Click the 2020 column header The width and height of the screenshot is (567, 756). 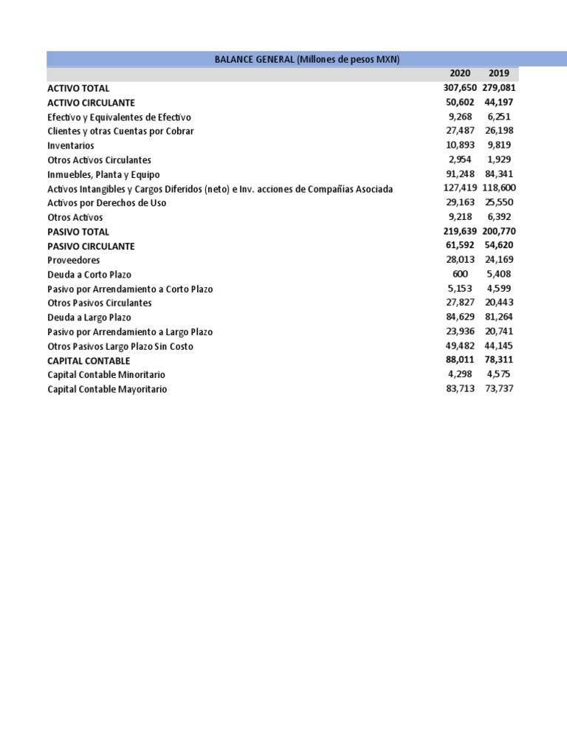459,73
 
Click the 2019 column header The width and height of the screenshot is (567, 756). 499,73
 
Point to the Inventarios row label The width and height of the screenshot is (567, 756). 71,145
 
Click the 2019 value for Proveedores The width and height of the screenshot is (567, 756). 499,260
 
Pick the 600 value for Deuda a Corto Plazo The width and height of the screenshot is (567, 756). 460,274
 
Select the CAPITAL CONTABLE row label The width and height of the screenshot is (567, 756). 89,360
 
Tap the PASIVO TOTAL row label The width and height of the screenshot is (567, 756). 78,231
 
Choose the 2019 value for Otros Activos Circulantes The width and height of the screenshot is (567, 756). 499,159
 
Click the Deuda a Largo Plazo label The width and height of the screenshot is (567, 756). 89,317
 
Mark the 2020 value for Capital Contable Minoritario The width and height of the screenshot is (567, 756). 459,374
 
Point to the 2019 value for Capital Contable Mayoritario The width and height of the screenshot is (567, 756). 499,388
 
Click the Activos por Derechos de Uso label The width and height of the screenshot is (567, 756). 107,202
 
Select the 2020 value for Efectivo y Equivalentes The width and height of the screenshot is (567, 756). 459,117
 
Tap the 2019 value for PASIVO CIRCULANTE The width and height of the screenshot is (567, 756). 499,245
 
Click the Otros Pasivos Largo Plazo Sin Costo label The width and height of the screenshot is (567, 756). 120,346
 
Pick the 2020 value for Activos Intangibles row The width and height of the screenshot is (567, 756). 457,188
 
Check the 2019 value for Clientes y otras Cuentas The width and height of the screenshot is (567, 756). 499,131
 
